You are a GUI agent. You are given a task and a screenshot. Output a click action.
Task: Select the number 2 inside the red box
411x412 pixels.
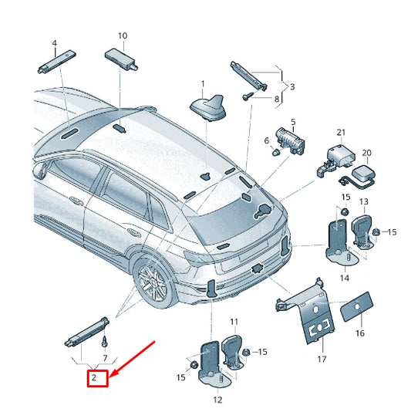[x=93, y=377]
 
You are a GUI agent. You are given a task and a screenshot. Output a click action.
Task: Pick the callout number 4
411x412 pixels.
[x=54, y=42]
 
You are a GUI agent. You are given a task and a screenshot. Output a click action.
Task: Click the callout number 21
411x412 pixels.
[x=341, y=133]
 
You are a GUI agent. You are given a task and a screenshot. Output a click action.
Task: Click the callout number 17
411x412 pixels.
[x=322, y=359]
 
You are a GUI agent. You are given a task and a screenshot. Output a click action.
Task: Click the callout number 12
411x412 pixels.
[x=217, y=399]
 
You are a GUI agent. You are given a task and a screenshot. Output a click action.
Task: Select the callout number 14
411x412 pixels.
[x=344, y=277]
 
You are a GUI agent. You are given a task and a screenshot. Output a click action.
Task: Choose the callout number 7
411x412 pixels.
[x=105, y=359]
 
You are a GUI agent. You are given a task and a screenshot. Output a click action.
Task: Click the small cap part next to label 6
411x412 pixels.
[x=274, y=152]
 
